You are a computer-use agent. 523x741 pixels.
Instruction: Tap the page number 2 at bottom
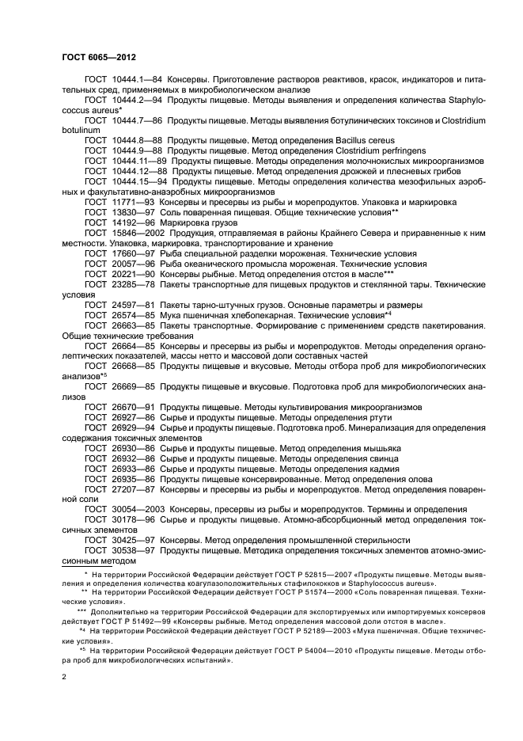64,677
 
